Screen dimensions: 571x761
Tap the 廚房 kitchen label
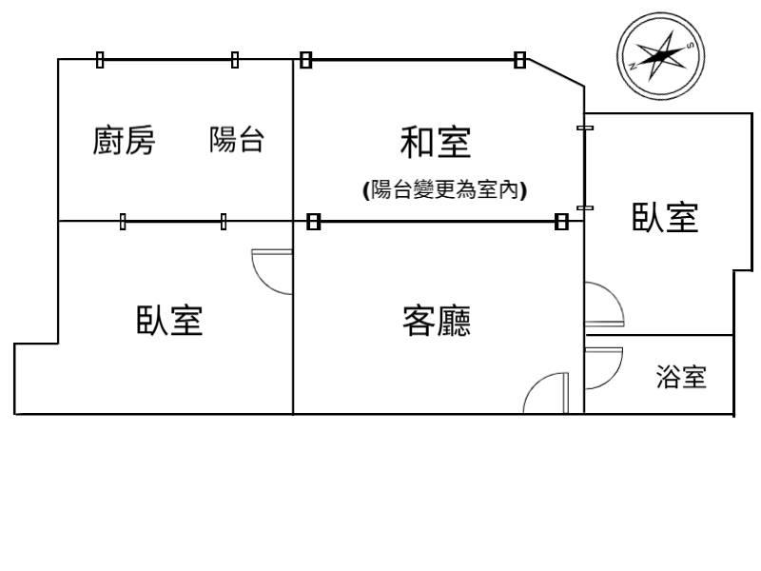(124, 141)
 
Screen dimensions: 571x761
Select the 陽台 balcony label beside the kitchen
(237, 141)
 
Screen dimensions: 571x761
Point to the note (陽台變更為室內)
(445, 190)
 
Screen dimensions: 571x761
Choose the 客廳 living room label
(437, 322)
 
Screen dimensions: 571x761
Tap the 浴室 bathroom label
(681, 378)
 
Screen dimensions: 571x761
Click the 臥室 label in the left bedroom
(169, 321)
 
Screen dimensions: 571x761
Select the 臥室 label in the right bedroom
(666, 218)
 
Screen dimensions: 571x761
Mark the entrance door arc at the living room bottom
(545, 392)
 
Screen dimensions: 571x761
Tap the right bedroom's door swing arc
(604, 305)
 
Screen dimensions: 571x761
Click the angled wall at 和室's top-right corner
(556, 72)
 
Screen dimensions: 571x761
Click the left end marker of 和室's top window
(305, 60)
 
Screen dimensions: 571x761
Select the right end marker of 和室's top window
(519, 60)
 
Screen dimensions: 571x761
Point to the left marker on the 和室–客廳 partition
(314, 222)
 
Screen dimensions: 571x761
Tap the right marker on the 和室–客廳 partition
(561, 222)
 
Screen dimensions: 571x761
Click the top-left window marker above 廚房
(100, 60)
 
